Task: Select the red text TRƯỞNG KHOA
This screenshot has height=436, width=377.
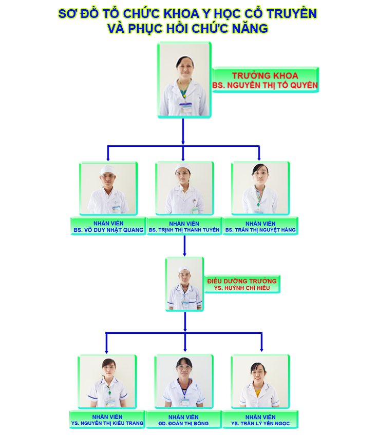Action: tap(265, 75)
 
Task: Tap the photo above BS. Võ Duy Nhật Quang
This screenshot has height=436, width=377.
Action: tap(108, 189)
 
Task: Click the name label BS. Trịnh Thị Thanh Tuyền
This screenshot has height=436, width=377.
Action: tap(184, 230)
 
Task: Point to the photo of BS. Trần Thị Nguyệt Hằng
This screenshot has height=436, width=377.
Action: tap(260, 189)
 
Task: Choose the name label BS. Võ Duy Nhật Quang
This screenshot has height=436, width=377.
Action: tap(108, 230)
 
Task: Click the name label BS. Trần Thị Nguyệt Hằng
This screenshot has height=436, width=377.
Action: tap(260, 230)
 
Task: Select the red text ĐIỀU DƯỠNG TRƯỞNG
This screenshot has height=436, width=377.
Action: tap(242, 281)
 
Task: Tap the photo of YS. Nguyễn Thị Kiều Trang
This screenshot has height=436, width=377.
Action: tap(107, 382)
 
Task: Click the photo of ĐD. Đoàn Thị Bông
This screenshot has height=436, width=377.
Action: tap(183, 382)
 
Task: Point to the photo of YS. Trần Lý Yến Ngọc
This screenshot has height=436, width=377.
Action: tap(260, 382)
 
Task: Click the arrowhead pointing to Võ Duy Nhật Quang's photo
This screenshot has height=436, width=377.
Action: tap(108, 157)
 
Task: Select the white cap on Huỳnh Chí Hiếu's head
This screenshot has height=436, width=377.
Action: tap(184, 269)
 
